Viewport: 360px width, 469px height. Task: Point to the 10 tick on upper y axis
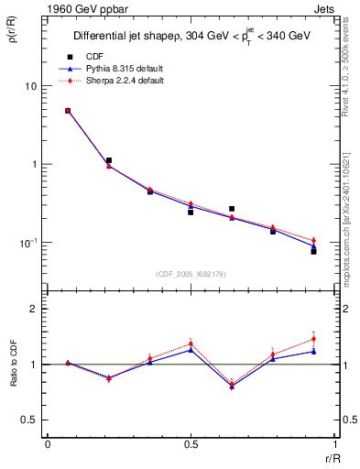click(x=30, y=86)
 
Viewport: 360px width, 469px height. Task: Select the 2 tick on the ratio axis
click(x=34, y=310)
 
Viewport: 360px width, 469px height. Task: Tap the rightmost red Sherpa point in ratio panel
click(x=313, y=339)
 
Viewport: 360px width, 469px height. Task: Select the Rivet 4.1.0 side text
click(x=350, y=64)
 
